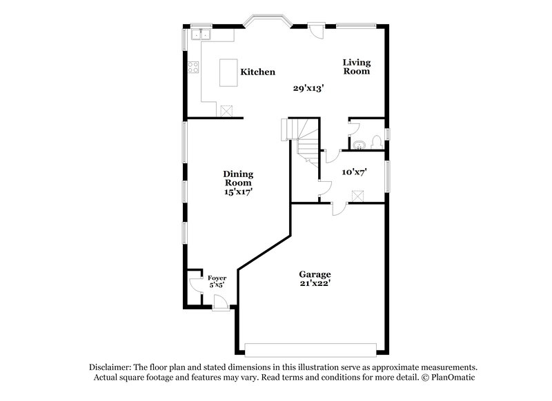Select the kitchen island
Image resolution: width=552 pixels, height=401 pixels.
point(228,72)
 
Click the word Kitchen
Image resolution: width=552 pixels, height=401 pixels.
point(258,72)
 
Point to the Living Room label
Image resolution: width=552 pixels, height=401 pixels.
point(357,67)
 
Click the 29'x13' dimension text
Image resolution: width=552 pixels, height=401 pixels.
point(308,88)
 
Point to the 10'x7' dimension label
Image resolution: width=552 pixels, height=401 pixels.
point(354,172)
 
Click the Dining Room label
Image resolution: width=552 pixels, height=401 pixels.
point(238,178)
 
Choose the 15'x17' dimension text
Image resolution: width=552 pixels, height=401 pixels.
point(238,193)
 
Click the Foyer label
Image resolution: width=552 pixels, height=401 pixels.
point(217,278)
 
